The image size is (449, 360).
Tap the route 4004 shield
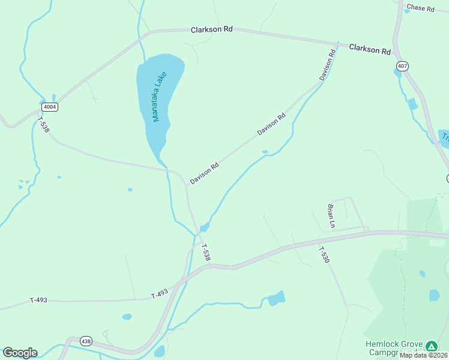pyautogui.click(x=50, y=107)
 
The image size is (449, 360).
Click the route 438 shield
pyautogui.click(x=86, y=341)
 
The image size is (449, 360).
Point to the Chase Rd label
pyautogui.click(x=420, y=8)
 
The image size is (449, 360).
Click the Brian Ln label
pyautogui.click(x=331, y=216)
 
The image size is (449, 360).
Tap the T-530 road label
pyautogui.click(x=324, y=256)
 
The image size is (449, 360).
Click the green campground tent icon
pyautogui.click(x=431, y=346)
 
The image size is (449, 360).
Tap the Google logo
pyautogui.click(x=20, y=353)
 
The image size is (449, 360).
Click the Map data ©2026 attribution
pyautogui.click(x=423, y=355)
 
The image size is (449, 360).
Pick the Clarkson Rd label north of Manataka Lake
pyautogui.click(x=212, y=29)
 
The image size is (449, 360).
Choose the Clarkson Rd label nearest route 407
pyautogui.click(x=370, y=49)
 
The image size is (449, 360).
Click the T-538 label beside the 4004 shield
pyautogui.click(x=43, y=125)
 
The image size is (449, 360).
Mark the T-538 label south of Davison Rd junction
pyautogui.click(x=205, y=252)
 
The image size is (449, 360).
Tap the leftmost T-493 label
pyautogui.click(x=38, y=300)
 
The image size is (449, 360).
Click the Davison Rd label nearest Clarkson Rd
pyautogui.click(x=327, y=66)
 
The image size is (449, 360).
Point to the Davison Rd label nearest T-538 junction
pyautogui.click(x=204, y=173)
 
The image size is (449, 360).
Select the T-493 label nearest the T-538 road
pyautogui.click(x=160, y=294)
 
